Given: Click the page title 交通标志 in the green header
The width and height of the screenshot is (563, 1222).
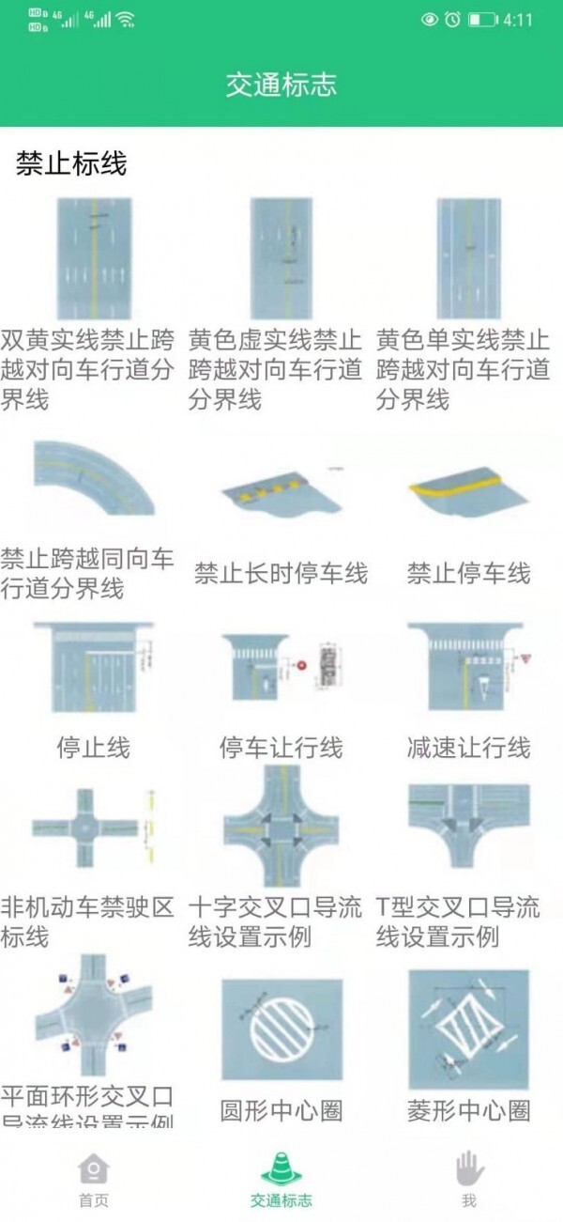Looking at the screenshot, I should [281, 85].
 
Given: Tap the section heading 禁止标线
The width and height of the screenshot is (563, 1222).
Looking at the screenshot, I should [71, 164].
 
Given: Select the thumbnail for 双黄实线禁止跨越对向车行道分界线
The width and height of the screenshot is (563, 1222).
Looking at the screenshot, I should [93, 258].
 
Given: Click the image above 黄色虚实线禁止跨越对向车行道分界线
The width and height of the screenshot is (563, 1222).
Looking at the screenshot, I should [281, 258].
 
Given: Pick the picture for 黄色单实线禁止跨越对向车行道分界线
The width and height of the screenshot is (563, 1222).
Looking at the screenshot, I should [468, 258].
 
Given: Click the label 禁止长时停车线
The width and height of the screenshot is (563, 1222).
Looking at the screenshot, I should [281, 573].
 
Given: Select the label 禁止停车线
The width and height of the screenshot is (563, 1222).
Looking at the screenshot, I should [468, 573].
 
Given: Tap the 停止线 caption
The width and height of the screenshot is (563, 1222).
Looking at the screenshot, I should [93, 748].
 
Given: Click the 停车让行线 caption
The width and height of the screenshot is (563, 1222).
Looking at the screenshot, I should [281, 748].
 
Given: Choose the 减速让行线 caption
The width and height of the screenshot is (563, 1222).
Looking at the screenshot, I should [468, 748].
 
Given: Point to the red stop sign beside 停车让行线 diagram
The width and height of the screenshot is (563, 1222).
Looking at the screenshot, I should [301, 665].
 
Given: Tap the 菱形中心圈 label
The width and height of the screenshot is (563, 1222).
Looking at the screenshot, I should [468, 1110].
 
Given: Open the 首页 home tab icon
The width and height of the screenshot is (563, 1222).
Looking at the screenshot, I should [93, 1169].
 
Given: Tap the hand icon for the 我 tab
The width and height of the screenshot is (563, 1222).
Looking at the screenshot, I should [468, 1169].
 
